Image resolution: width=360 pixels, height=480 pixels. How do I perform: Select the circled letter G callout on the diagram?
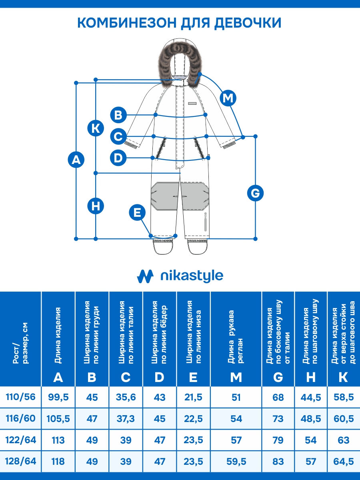[x=255, y=194]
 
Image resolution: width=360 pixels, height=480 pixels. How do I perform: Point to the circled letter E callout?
[x=137, y=212]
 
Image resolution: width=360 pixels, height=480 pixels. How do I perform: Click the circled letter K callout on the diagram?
[x=96, y=128]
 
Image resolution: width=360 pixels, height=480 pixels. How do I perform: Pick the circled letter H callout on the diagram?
[x=96, y=206]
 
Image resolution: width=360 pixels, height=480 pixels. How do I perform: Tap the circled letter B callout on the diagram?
[x=118, y=115]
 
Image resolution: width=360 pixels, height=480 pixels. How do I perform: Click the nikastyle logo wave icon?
[x=145, y=276]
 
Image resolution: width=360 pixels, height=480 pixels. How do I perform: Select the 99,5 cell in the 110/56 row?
[x=58, y=397]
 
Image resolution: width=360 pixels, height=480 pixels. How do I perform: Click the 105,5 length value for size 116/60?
[x=58, y=419]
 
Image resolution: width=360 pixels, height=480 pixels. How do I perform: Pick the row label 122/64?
[x=21, y=440]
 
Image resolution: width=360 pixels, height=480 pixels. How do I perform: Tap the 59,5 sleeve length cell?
[x=236, y=462]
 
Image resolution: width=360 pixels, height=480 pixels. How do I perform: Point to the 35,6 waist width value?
[x=126, y=397]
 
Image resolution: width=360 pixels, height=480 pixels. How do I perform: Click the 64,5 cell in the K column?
[x=343, y=462]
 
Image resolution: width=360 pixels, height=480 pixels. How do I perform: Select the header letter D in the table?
[x=159, y=377]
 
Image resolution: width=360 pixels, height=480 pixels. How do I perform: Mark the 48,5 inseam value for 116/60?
[x=311, y=419]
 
